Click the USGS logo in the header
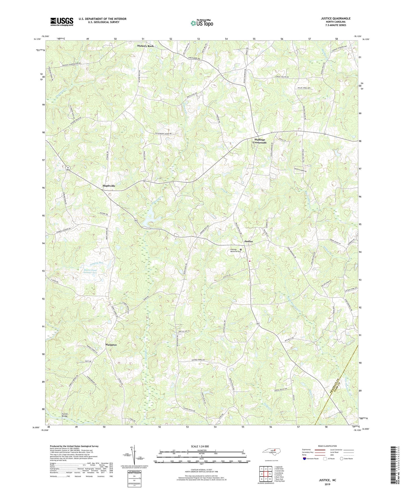(x=62, y=22)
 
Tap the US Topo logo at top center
(x=201, y=23)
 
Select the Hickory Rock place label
(x=145, y=46)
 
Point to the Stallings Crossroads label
(x=259, y=141)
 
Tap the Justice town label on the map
(x=248, y=241)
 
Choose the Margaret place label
(x=111, y=344)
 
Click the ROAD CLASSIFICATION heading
(x=327, y=446)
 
